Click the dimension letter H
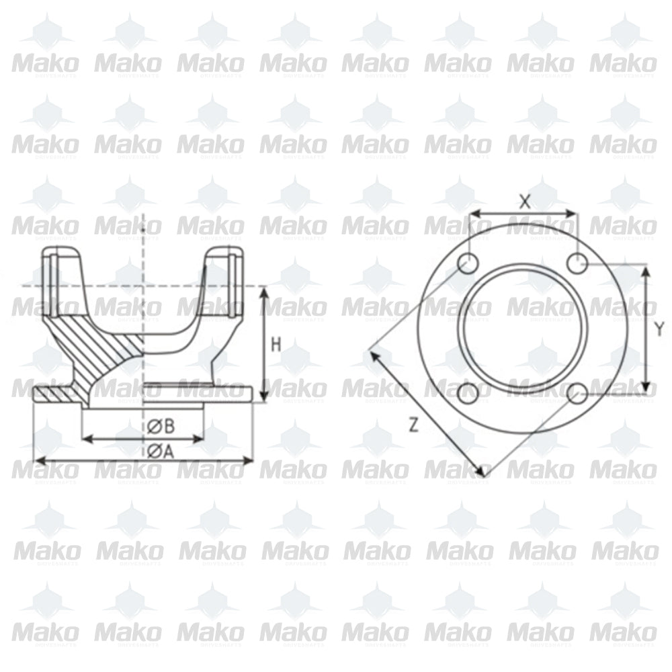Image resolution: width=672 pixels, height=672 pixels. pyautogui.click(x=276, y=345)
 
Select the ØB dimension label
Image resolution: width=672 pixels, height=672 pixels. pyautogui.click(x=161, y=425)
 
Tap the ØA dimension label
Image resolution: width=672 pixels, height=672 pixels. pyautogui.click(x=161, y=452)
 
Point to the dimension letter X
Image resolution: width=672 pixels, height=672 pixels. pyautogui.click(x=526, y=200)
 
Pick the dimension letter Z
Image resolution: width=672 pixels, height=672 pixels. pyautogui.click(x=414, y=424)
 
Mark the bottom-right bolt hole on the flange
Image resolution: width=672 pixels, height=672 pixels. pyautogui.click(x=577, y=392)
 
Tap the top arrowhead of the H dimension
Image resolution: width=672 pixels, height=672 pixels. pyautogui.click(x=264, y=291)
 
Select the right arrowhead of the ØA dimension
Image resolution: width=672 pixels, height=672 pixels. pyautogui.click(x=249, y=460)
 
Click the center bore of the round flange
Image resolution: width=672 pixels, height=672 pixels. pyautogui.click(x=523, y=328)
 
